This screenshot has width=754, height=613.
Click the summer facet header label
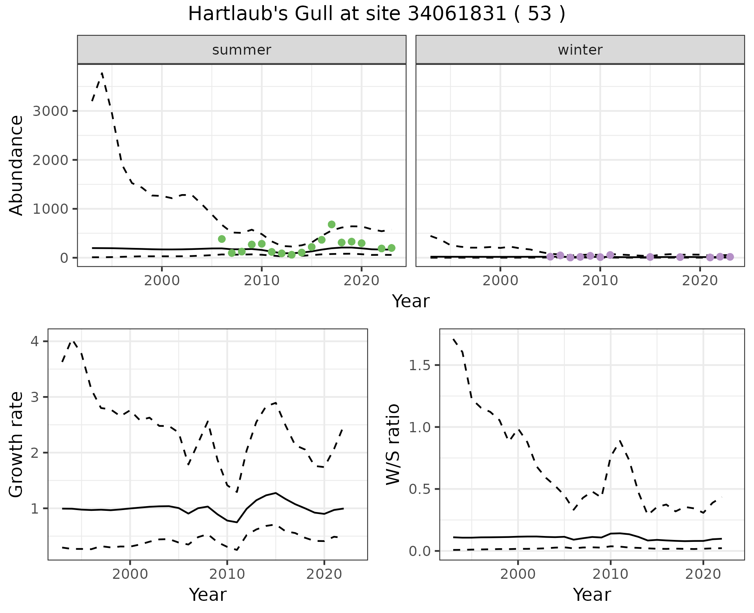click(x=242, y=50)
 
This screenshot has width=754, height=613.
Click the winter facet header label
click(x=580, y=50)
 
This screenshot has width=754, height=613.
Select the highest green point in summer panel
click(x=331, y=224)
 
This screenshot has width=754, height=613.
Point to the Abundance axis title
click(x=16, y=165)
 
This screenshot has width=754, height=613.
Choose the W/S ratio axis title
click(x=393, y=444)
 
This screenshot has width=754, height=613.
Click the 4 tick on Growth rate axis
click(x=35, y=341)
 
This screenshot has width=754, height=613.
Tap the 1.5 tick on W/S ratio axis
click(x=419, y=365)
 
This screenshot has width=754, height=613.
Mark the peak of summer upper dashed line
click(x=102, y=73)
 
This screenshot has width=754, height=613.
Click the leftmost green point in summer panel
click(x=221, y=239)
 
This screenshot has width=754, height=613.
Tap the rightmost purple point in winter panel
click(x=730, y=257)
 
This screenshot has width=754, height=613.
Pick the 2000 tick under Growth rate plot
click(x=130, y=574)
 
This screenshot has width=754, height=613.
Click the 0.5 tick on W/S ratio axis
click(x=419, y=489)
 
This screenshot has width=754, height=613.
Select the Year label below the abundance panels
click(x=411, y=301)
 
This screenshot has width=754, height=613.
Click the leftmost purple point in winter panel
click(x=550, y=257)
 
